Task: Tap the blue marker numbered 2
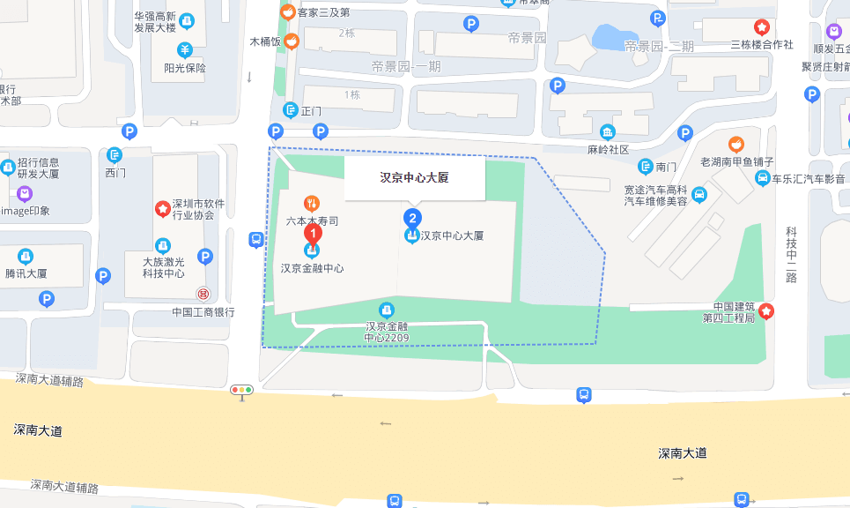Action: click(411, 217)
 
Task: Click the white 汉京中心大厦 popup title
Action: click(414, 177)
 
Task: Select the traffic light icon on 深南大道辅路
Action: click(241, 389)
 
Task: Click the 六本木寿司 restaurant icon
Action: click(311, 203)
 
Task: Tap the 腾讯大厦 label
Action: click(26, 273)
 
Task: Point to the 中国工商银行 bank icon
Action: click(203, 294)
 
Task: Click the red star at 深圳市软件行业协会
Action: click(163, 209)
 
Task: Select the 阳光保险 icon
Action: click(185, 49)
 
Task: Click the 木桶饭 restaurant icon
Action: click(292, 41)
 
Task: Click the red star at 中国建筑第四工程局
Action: click(766, 310)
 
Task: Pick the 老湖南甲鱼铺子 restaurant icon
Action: click(736, 144)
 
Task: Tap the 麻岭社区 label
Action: click(608, 150)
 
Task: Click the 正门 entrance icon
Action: click(291, 110)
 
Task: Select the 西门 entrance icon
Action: click(115, 155)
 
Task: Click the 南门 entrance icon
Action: click(647, 166)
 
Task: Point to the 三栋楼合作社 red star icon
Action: click(762, 27)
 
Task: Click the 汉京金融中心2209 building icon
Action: click(386, 310)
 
